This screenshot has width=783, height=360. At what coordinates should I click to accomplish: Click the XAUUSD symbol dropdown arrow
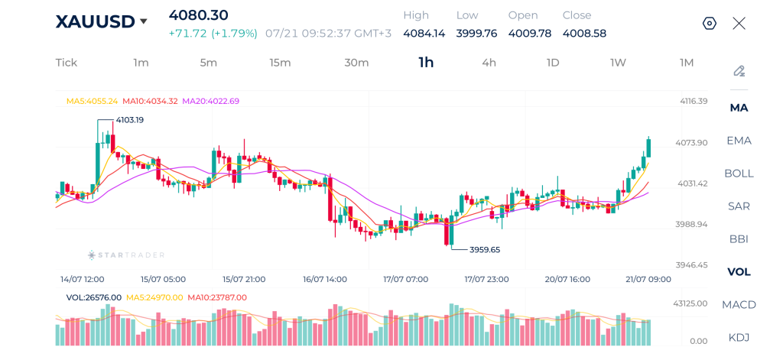(144, 21)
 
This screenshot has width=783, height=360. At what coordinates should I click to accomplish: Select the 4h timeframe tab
(489, 63)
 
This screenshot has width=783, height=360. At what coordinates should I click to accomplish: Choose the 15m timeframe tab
(280, 63)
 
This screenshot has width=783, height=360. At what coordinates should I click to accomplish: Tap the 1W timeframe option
(618, 63)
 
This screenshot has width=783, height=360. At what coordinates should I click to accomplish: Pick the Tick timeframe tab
(67, 63)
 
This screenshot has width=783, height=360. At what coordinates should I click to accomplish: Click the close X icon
(739, 23)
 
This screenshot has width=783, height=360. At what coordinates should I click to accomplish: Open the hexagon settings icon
(710, 23)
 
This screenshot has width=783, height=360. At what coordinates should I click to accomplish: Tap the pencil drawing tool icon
(739, 71)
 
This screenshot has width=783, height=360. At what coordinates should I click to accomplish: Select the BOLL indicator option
(739, 174)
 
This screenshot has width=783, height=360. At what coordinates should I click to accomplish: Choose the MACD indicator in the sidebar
(739, 304)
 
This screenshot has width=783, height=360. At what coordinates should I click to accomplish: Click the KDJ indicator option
(739, 337)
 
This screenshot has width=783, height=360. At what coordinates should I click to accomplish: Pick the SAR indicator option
(739, 206)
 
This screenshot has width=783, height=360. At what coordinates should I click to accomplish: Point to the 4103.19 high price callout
(130, 120)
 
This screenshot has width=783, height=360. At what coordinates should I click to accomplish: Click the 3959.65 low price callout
(484, 250)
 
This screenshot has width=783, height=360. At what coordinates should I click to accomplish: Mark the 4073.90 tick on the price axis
(691, 143)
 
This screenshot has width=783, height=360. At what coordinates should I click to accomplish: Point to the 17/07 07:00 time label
(405, 279)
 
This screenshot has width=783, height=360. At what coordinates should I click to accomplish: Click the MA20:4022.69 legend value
(211, 101)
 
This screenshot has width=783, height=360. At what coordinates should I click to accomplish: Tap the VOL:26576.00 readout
(94, 297)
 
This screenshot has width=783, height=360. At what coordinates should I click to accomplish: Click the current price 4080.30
(198, 15)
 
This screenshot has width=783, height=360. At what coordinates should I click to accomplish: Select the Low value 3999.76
(476, 34)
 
